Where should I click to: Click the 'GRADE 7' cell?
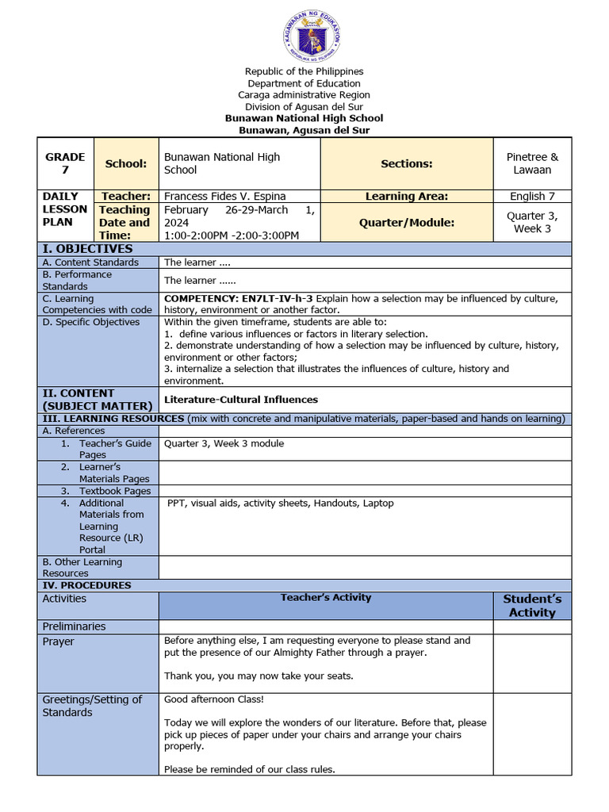(65, 163)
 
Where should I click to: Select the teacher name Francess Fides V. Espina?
(224, 196)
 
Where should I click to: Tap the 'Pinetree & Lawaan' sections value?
(532, 163)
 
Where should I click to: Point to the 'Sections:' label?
(407, 163)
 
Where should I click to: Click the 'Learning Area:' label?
(407, 196)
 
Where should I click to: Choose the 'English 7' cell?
(532, 196)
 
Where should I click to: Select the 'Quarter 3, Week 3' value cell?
(532, 222)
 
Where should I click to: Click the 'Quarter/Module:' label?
(407, 223)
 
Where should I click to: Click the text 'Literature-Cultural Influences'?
(241, 400)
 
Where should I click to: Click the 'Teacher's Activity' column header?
(326, 598)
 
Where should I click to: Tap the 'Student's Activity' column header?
(532, 605)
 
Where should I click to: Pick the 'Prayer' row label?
(59, 642)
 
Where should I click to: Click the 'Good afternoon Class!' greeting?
(214, 699)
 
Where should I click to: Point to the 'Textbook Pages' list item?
(114, 491)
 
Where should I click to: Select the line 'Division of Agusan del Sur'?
(304, 107)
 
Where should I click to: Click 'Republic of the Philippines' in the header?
(304, 72)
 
